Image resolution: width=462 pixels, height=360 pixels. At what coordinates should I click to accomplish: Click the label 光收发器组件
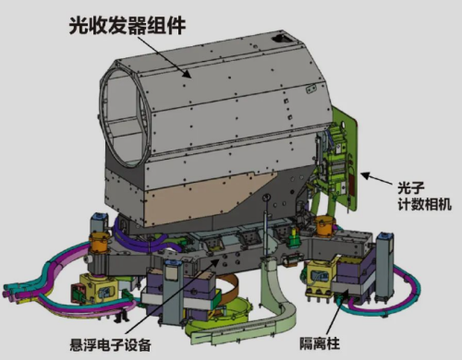(x=127, y=25)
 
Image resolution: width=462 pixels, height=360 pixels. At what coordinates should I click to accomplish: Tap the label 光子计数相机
(x=424, y=196)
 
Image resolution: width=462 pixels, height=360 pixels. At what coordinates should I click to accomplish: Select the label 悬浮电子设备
(x=110, y=344)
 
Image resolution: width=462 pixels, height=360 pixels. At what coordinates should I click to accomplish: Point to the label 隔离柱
(x=320, y=343)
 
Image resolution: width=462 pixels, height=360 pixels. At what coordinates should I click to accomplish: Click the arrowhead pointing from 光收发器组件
(x=186, y=73)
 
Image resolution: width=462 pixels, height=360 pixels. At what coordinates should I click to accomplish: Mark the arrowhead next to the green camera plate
(x=366, y=175)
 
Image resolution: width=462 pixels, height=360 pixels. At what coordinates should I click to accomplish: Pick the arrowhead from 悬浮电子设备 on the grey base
(x=215, y=262)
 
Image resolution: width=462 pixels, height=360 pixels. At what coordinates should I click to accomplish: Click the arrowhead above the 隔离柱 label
(x=345, y=294)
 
